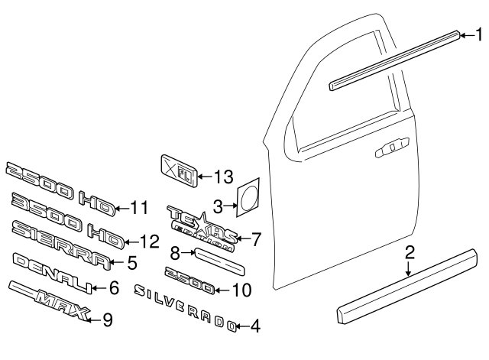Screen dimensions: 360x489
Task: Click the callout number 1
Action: click(x=479, y=34)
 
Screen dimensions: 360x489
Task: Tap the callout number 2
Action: click(x=410, y=251)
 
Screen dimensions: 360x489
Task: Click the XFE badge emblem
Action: click(x=177, y=168)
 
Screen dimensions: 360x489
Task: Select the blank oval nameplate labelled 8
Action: click(x=219, y=260)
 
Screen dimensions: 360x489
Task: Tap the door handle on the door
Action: click(x=390, y=150)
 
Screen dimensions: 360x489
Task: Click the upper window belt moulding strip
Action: click(x=395, y=58)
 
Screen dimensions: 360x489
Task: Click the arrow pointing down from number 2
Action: click(x=410, y=266)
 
